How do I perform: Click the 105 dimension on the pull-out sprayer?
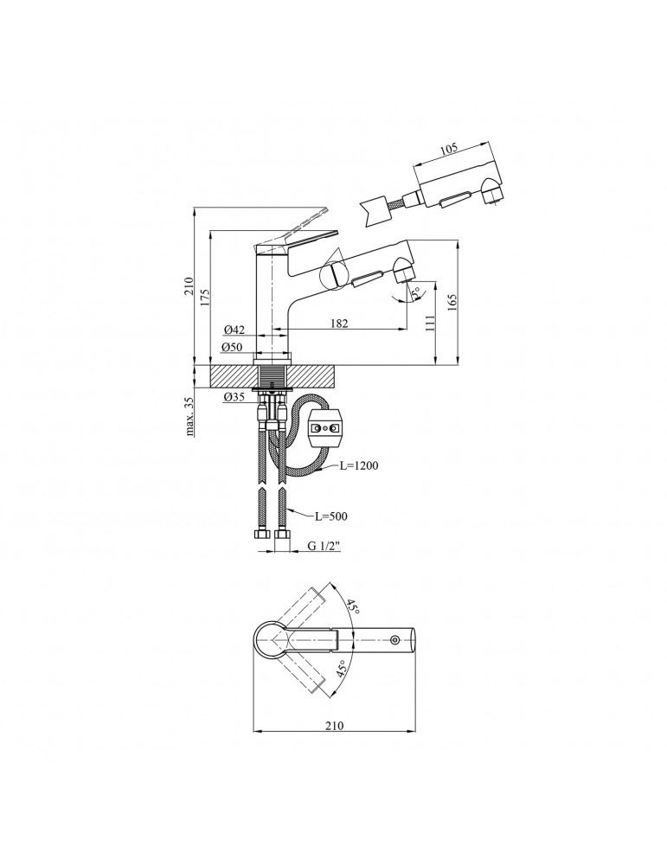tap(448, 149)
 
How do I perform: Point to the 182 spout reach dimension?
tap(339, 324)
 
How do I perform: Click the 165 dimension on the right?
tap(451, 301)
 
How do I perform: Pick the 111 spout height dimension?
tap(430, 324)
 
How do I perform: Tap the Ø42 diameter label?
tap(234, 330)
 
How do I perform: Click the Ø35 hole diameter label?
tap(234, 397)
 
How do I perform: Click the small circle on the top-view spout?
tap(396, 640)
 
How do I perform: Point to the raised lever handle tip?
tap(327, 210)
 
